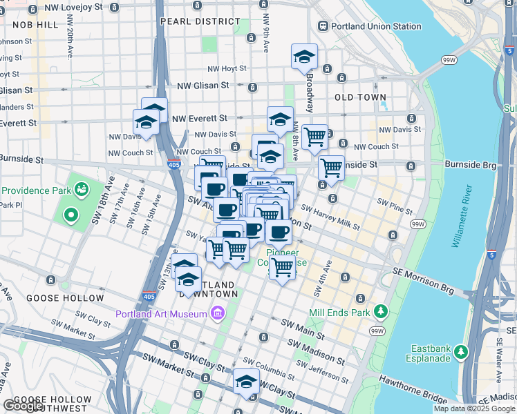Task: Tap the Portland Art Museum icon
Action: point(218,314)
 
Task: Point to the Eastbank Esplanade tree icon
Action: point(459,351)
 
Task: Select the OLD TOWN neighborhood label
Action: point(360,97)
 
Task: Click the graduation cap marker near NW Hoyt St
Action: point(304,58)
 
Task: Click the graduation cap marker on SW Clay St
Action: point(247,382)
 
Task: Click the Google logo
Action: point(23,406)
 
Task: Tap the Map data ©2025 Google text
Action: point(474,408)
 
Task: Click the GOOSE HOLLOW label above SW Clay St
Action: point(64,298)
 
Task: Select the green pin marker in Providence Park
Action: point(70,215)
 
